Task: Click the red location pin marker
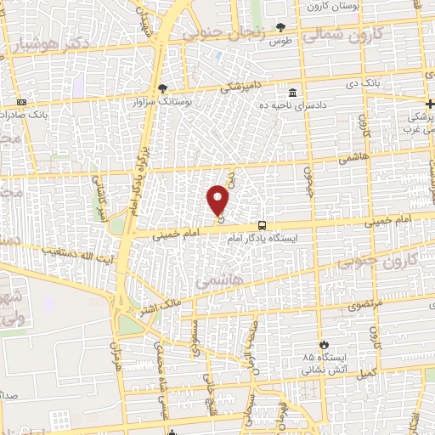[x=218, y=201]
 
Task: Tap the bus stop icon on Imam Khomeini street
[x=262, y=226]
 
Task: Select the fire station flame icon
[x=324, y=344]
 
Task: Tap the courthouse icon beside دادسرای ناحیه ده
[x=293, y=92]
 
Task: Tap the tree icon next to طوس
[x=280, y=27]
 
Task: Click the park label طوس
[x=280, y=40]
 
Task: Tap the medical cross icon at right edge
[x=429, y=100]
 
